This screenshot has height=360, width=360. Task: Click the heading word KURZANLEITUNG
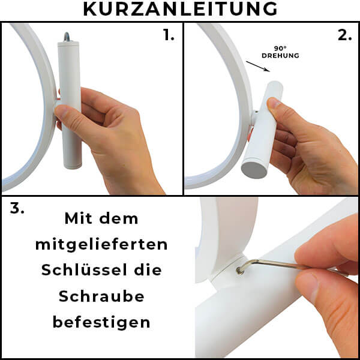pyautogui.click(x=180, y=9)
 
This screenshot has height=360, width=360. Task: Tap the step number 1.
pyautogui.click(x=169, y=35)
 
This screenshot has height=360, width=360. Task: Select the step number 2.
pyautogui.click(x=345, y=35)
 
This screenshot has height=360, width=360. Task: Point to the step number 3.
pyautogui.click(x=17, y=209)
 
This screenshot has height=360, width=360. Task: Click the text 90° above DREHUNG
pyautogui.click(x=280, y=49)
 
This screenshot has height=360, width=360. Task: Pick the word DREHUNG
pyautogui.click(x=280, y=56)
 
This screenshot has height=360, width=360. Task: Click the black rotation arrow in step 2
pyautogui.click(x=258, y=67)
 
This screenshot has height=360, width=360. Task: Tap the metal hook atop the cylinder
pyautogui.click(x=67, y=37)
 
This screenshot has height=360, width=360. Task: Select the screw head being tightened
pyautogui.click(x=240, y=271)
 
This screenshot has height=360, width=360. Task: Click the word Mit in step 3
pyautogui.click(x=79, y=218)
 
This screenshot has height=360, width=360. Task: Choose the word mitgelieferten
pyautogui.click(x=101, y=245)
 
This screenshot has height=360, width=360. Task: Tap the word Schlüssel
pyautogui.click(x=84, y=270)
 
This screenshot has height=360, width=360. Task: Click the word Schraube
pyautogui.click(x=101, y=296)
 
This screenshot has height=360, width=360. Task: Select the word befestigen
pyautogui.click(x=101, y=323)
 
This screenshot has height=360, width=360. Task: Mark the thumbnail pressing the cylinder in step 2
pyautogui.click(x=274, y=103)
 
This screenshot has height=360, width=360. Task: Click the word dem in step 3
pyautogui.click(x=119, y=218)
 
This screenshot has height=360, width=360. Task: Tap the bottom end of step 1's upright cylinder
pyautogui.click(x=73, y=167)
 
